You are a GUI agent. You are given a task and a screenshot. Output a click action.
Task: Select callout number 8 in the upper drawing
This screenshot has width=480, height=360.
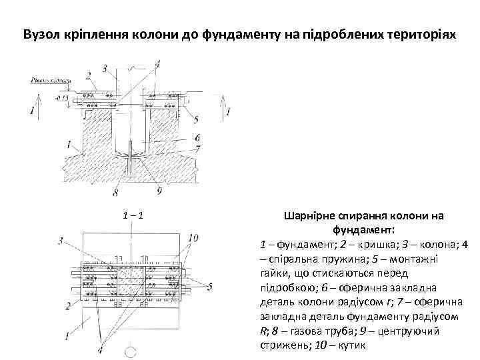point(116,193)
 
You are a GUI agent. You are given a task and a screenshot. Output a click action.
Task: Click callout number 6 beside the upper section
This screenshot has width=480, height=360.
point(198,137)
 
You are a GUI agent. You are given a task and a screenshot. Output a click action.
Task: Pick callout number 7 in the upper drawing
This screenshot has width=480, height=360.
point(198,148)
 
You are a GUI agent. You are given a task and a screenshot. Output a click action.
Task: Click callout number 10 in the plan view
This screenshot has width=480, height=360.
point(193,237)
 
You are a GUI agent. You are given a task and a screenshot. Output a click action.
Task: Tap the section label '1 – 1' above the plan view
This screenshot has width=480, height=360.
point(134,216)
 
